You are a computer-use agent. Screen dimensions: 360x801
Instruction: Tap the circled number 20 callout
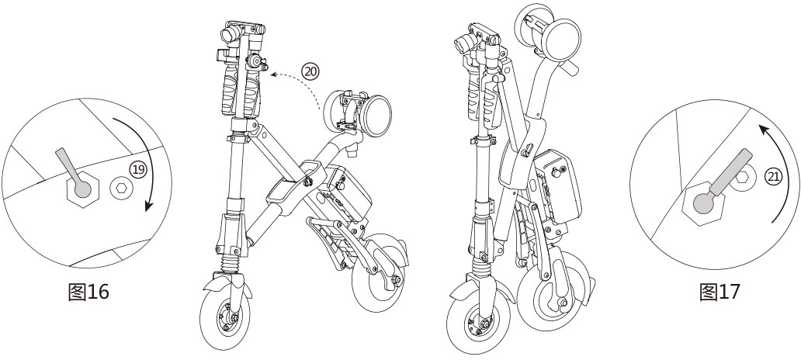(x=310, y=71)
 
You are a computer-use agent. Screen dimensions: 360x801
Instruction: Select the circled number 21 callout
(x=773, y=176)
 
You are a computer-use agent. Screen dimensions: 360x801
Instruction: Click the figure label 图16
(x=89, y=292)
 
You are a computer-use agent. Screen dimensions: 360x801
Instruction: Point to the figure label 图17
(x=720, y=292)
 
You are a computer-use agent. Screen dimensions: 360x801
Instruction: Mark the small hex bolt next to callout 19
(x=120, y=188)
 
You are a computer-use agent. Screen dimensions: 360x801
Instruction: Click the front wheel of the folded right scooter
(x=476, y=324)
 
